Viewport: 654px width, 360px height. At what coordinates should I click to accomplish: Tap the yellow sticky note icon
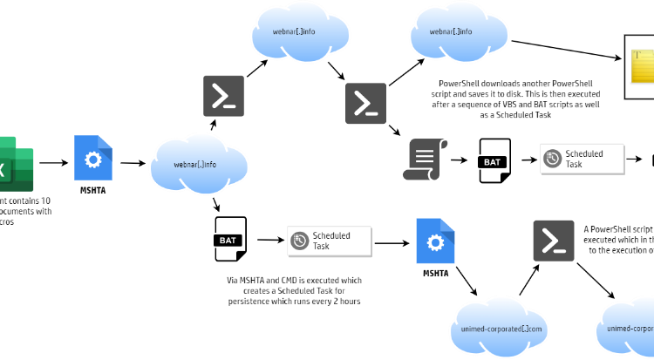pyautogui.click(x=643, y=66)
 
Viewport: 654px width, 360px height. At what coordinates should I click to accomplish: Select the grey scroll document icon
pyautogui.click(x=425, y=160)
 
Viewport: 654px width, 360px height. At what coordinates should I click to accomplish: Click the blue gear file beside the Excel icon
pyautogui.click(x=93, y=158)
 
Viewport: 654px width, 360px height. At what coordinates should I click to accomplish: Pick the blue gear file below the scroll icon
pyautogui.click(x=435, y=241)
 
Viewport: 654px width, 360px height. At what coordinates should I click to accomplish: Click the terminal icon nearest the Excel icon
pyautogui.click(x=224, y=96)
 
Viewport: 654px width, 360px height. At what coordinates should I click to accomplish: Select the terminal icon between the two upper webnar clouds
pyautogui.click(x=366, y=104)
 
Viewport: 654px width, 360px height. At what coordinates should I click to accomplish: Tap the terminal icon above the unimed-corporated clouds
pyautogui.click(x=554, y=241)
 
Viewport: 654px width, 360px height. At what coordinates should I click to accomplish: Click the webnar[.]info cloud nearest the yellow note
pyautogui.click(x=459, y=33)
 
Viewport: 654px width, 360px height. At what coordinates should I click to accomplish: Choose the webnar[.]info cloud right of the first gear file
pyautogui.click(x=199, y=164)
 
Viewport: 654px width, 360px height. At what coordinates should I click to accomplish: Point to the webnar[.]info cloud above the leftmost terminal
pyautogui.click(x=301, y=33)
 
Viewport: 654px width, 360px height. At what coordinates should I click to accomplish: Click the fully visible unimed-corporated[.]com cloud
pyautogui.click(x=501, y=328)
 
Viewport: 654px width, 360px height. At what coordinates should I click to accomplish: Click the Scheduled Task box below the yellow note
pyautogui.click(x=582, y=159)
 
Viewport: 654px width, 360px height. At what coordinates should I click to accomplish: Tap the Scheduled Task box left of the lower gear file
pyautogui.click(x=329, y=241)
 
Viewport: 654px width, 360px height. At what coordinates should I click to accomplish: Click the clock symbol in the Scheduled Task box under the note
pyautogui.click(x=552, y=159)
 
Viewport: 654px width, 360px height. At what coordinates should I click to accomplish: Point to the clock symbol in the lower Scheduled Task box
pyautogui.click(x=299, y=241)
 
